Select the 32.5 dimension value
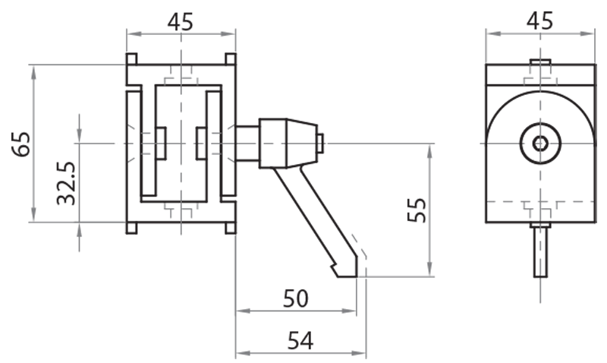pos(67,182)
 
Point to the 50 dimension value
pos(296,298)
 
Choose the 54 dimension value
pos(300,341)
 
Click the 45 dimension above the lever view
pos(181,21)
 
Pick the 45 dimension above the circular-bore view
pos(539,21)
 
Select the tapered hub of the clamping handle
pos(287,143)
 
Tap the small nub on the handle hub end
pos(321,143)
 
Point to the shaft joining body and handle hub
pos(247,143)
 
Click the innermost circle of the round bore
pos(539,144)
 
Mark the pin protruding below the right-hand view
pos(539,251)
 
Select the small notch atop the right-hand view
pos(539,62)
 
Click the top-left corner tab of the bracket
pos(131,59)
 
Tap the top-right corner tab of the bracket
pos(230,59)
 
